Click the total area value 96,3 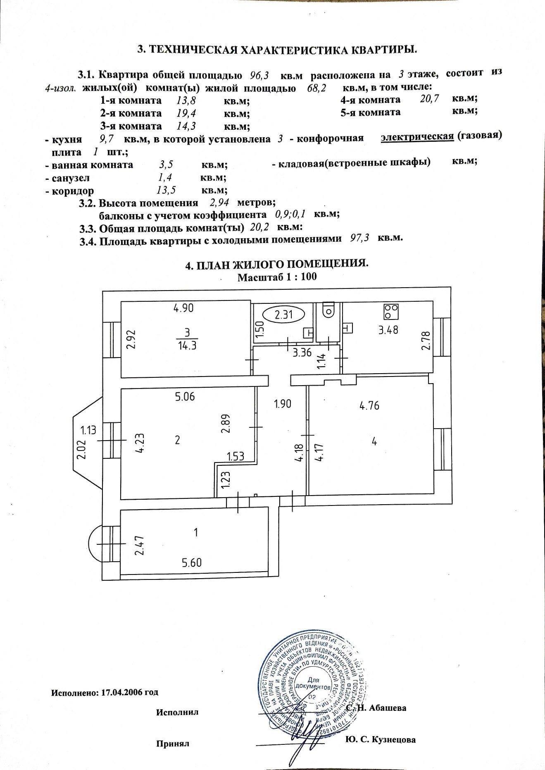[x=260, y=76]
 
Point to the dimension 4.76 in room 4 [x=369, y=405]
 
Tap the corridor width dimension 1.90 [x=283, y=403]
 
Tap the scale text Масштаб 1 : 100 [x=277, y=277]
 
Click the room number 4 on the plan [x=374, y=441]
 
